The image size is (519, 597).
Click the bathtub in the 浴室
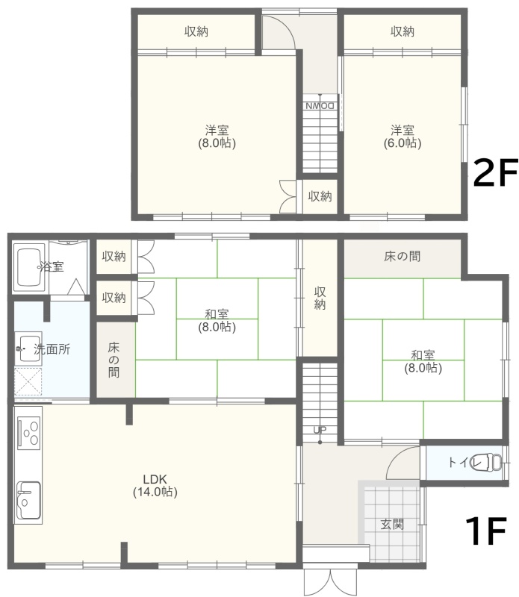pos(30,267)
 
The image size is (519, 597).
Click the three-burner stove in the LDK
pos(29,433)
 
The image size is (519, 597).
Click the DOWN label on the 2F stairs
pos(320,105)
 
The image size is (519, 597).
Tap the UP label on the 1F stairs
pos(320,430)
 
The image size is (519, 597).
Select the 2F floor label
pos(494,172)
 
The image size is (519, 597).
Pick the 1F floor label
pos(486,531)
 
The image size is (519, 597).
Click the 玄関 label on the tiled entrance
pos(392,525)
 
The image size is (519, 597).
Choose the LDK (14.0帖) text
pos(155,485)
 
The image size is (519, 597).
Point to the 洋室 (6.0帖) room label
pos(403,137)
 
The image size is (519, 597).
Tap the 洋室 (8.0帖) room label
pos(217,137)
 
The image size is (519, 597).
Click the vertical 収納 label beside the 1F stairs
pos(320,298)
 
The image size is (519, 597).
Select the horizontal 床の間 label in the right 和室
pos(403,256)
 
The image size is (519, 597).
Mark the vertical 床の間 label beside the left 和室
pos(114,360)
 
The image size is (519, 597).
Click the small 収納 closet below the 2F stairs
pos(320,196)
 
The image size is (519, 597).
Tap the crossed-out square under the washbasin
pos(28,381)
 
